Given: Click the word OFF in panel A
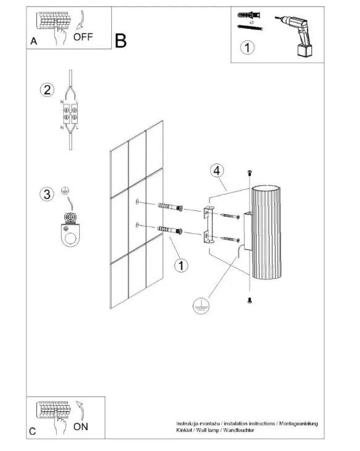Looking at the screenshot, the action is coord(83,37).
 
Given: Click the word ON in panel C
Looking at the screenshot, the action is coord(80,426).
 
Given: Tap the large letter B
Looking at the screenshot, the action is coord(120,41).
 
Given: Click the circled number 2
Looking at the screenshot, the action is coord(47,89).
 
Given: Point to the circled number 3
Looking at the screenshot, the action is coord(46,194).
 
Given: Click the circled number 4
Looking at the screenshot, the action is coord(217,170).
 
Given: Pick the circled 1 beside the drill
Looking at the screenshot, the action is coord(247,48).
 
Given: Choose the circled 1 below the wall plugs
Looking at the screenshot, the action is coord(181,265).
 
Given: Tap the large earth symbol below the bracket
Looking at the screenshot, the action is coord(201,305).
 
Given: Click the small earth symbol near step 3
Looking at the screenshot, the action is coord(65,190).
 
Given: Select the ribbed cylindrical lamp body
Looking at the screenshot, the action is coord(266,233).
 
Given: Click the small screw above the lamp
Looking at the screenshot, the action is coord(249,173).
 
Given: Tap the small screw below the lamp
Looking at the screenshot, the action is coord(249,300).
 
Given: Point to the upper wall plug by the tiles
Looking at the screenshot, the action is coord(170,207).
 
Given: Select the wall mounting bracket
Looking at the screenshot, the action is coord(208,225).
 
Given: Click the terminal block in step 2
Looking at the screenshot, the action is coord(70,114).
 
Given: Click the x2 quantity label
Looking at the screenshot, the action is coord(251,22).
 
